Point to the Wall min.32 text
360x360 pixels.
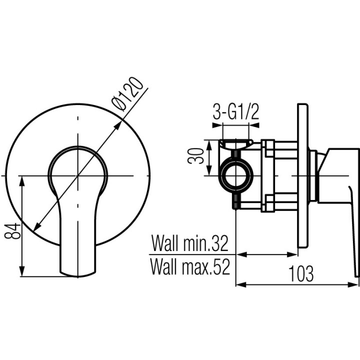point(190,244)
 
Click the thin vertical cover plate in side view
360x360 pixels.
point(302,175)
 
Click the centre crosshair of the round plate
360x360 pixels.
point(78,175)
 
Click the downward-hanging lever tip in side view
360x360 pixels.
point(357,270)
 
